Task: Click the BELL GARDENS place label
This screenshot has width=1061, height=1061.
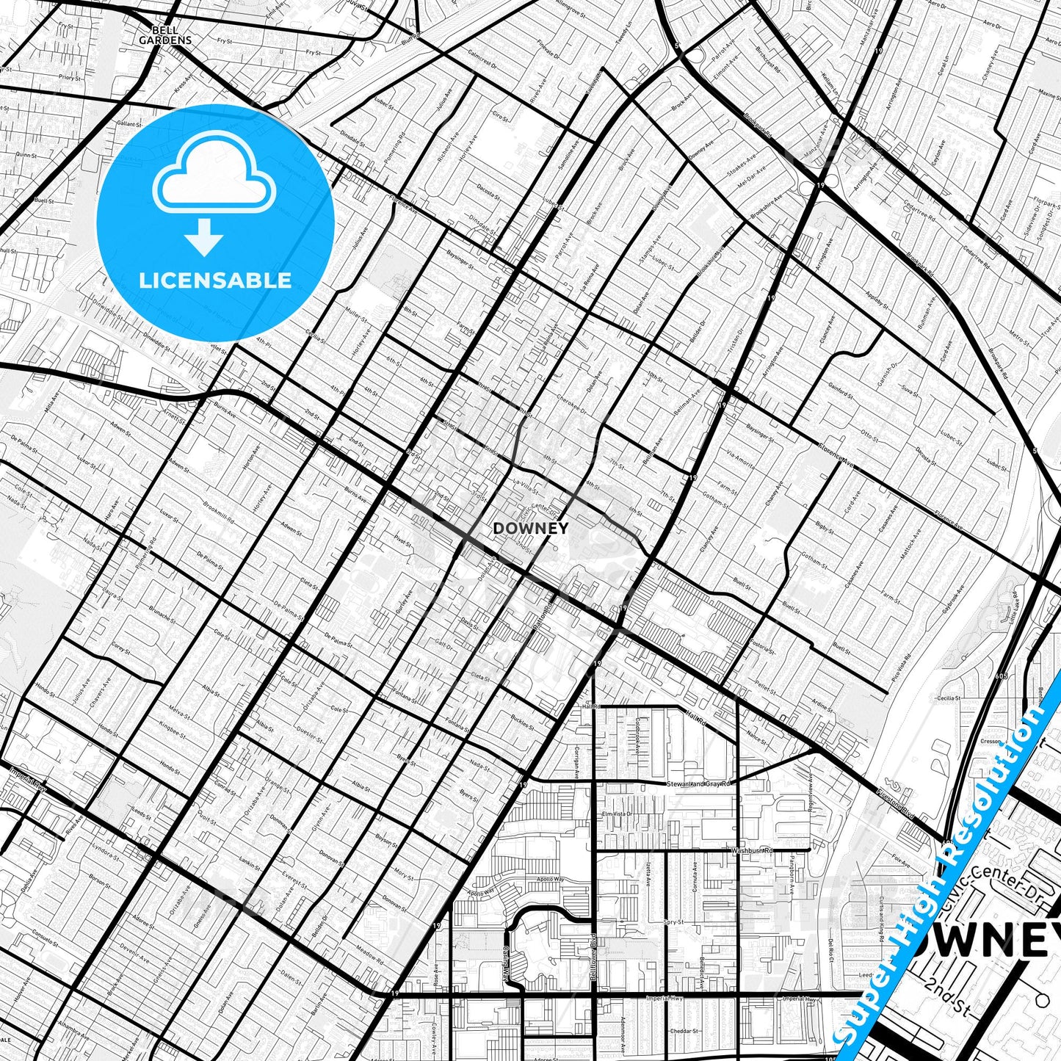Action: tap(165, 35)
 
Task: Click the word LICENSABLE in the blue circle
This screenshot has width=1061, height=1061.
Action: tap(215, 280)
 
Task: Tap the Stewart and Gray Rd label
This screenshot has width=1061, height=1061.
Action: tap(699, 784)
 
